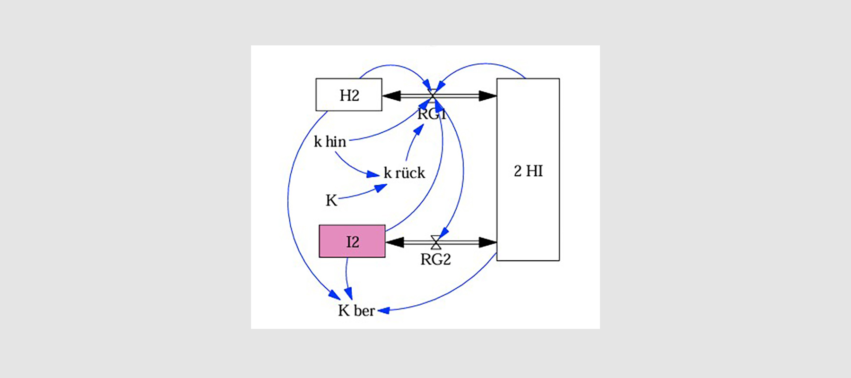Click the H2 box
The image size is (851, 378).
(349, 95)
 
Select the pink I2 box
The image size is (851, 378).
(352, 241)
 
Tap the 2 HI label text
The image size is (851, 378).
(528, 171)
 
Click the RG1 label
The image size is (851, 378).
(432, 114)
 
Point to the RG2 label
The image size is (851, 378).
(435, 259)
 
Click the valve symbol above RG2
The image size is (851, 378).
(436, 242)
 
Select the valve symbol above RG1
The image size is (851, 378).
(432, 95)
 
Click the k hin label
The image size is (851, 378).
(330, 141)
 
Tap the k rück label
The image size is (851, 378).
(404, 173)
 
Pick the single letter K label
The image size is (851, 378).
(331, 200)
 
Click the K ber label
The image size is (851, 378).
(356, 310)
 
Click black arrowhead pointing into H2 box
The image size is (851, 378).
(391, 96)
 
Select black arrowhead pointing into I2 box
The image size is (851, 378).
(395, 242)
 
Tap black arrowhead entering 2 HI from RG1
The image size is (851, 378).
(487, 96)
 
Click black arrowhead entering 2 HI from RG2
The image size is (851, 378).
(487, 242)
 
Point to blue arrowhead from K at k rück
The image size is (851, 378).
(381, 188)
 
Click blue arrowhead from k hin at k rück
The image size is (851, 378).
(373, 175)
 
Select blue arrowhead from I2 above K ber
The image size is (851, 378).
(349, 293)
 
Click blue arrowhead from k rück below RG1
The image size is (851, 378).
(418, 129)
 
